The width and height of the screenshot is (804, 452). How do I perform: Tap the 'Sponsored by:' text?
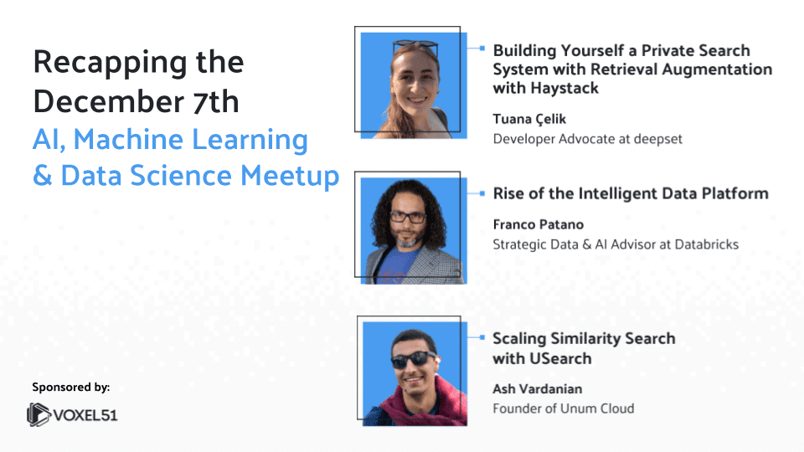click(71, 387)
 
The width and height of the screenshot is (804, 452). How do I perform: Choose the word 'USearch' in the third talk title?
click(559, 358)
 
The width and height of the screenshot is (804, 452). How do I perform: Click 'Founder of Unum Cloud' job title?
click(563, 408)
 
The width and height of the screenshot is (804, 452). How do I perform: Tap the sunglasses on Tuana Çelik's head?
click(415, 47)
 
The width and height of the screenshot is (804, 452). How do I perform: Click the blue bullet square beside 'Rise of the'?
click(482, 193)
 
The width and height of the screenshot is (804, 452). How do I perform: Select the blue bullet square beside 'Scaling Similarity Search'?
click(482, 338)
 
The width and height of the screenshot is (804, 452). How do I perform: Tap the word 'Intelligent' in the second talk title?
click(618, 193)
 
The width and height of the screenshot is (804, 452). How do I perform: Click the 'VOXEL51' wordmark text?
click(86, 414)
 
